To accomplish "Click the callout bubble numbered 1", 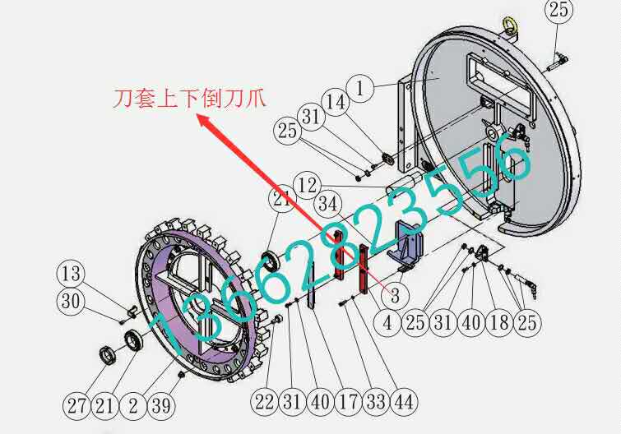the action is [361, 85].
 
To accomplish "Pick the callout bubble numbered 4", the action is [387, 321].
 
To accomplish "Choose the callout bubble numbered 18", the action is [498, 321].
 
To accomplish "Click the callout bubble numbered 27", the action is [77, 404].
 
